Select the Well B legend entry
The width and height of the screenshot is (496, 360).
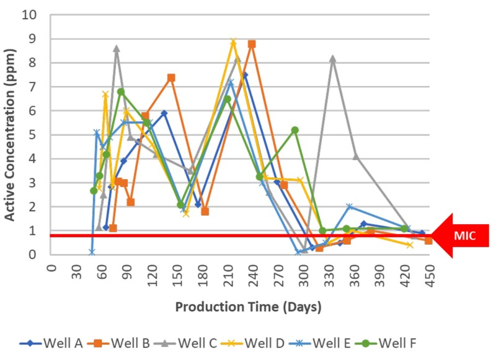(x=118, y=343)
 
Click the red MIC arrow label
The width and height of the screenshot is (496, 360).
(x=462, y=235)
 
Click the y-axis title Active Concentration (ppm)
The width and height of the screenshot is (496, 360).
(x=11, y=134)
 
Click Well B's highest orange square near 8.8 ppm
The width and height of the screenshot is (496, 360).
(x=252, y=44)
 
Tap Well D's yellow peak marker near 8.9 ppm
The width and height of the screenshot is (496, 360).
(x=233, y=42)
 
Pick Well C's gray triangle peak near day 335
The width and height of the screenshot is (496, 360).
(x=333, y=59)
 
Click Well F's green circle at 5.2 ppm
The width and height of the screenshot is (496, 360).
(x=295, y=130)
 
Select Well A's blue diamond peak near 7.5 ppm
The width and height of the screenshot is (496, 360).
(x=245, y=75)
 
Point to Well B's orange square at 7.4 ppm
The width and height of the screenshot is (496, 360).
(x=171, y=77)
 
